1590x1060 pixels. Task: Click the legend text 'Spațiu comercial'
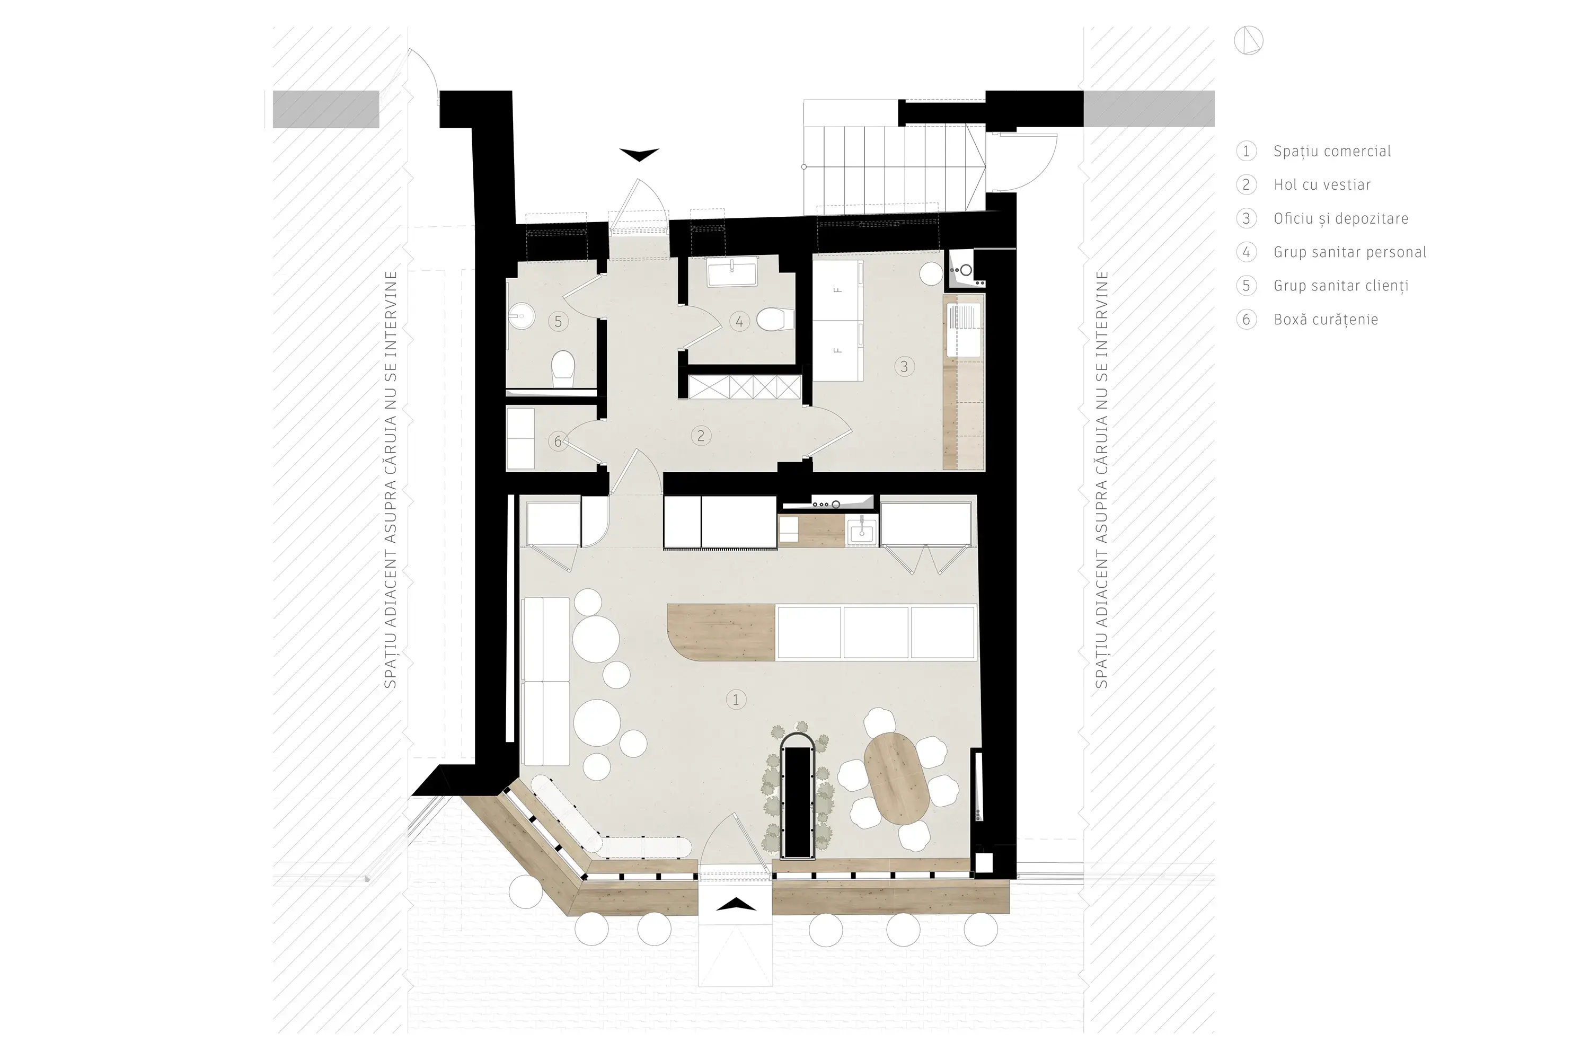click(1332, 152)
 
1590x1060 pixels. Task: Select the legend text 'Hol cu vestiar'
click(1322, 184)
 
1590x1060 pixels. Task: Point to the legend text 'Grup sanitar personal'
click(1350, 252)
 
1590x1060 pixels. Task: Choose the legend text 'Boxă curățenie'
click(1326, 319)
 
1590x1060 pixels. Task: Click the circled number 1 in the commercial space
click(736, 700)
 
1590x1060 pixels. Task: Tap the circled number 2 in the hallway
click(700, 436)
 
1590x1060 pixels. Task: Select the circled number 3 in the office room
click(904, 366)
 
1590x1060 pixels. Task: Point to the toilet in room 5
click(562, 369)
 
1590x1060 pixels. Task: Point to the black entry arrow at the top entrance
click(639, 155)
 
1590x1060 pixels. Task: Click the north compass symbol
click(1248, 41)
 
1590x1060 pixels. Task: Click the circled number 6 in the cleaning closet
click(558, 441)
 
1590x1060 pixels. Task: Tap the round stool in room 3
click(931, 273)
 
